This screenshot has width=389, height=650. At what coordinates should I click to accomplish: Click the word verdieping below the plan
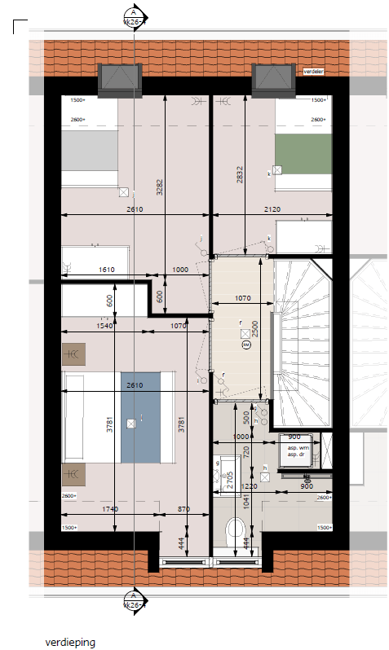70,642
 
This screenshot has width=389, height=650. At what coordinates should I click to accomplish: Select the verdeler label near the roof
314,72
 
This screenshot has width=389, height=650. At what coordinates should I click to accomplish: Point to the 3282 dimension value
160,188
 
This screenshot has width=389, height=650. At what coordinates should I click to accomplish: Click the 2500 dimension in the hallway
255,328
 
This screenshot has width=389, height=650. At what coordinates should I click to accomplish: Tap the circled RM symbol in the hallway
245,345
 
